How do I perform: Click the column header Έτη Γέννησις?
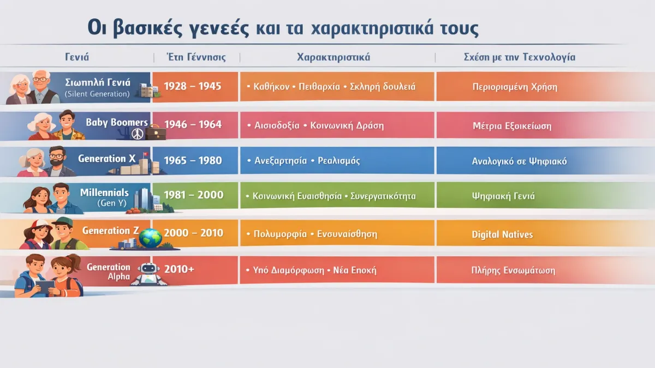coord(196,57)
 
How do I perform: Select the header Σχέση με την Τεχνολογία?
coord(520,57)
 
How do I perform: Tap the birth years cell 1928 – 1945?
coord(192,86)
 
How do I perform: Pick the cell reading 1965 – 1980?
coord(193,160)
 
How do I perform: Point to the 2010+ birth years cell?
coord(179,269)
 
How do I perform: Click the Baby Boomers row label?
coord(117,122)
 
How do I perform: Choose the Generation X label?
coord(107,159)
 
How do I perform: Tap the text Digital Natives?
coord(502,234)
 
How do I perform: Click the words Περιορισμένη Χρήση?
coord(515,87)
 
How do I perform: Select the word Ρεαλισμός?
coord(339,161)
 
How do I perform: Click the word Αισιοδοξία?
coord(277,125)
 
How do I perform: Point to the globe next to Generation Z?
coord(150,238)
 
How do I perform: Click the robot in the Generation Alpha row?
coord(148,274)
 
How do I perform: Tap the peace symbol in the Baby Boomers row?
coord(138,134)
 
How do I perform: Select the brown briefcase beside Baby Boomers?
coord(156,133)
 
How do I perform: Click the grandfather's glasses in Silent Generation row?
coord(41,79)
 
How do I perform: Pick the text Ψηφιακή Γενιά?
coord(503,196)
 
